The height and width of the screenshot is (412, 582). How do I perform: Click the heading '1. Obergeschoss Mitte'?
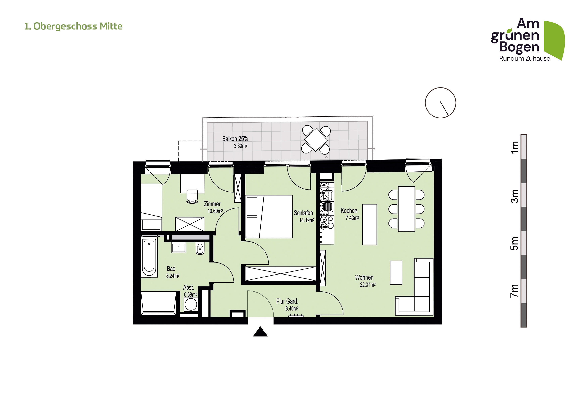(x=73, y=26)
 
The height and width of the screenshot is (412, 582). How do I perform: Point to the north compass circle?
(x=441, y=103)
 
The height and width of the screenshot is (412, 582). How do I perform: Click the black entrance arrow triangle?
(x=260, y=332)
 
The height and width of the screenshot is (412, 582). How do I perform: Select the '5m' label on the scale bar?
(x=515, y=243)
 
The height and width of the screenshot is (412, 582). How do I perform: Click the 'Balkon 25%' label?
(x=235, y=139)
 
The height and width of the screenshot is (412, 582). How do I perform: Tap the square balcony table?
(x=316, y=140)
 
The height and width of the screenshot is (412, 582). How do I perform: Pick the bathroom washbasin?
(x=179, y=248)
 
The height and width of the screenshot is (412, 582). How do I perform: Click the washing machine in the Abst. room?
(x=191, y=304)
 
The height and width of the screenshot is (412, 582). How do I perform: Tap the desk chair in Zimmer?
(x=192, y=197)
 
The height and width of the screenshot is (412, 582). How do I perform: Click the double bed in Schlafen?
(x=269, y=216)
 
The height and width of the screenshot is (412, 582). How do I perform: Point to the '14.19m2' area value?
(x=307, y=220)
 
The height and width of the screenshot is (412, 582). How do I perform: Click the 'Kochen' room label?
(x=349, y=210)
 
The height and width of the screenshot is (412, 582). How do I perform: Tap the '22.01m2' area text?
(x=368, y=285)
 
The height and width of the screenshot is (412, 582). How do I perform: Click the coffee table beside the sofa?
(x=396, y=273)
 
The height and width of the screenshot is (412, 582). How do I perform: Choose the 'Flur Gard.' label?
(x=287, y=301)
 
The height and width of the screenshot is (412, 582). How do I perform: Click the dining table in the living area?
(x=406, y=209)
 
